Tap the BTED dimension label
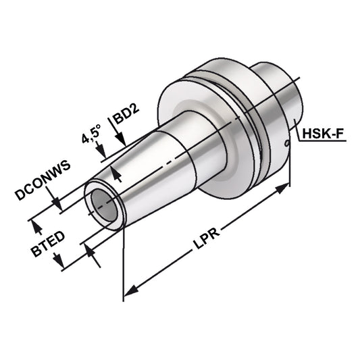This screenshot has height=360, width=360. [x=47, y=245]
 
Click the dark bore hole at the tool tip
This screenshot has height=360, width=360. [x=101, y=202]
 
